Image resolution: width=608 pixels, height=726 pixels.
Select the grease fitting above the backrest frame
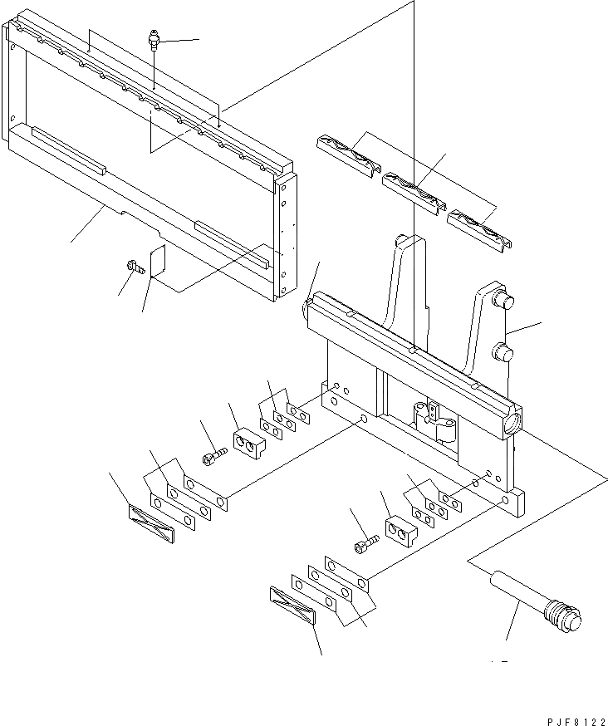154,42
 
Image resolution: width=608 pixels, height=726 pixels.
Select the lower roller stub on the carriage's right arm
503,352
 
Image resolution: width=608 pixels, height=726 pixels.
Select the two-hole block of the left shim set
249,444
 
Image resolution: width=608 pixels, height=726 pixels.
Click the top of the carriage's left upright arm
406,241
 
